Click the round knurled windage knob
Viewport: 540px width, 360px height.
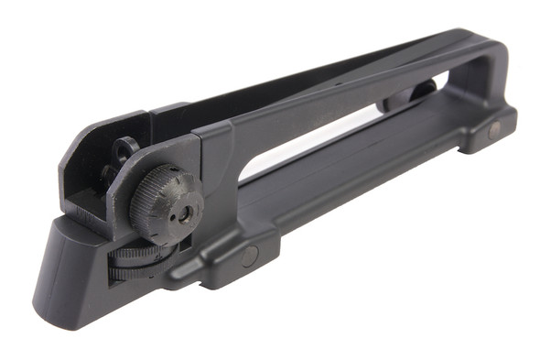tap(166, 202)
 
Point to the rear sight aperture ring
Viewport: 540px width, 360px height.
tap(125, 147)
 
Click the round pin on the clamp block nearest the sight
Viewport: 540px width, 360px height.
tap(249, 257)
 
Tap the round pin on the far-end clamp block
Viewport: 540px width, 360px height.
tap(495, 130)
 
